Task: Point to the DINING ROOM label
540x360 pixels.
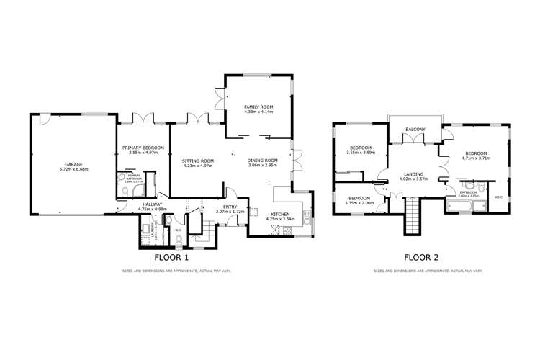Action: click(x=263, y=161)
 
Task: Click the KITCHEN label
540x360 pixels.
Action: click(x=281, y=215)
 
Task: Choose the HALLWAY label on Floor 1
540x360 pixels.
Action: click(x=152, y=204)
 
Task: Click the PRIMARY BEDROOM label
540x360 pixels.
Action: click(x=143, y=148)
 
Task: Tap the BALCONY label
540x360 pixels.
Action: click(x=415, y=130)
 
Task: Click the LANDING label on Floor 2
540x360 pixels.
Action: click(x=413, y=174)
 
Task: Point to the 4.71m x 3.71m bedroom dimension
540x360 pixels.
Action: click(x=476, y=158)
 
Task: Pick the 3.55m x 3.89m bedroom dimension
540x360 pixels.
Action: click(x=361, y=153)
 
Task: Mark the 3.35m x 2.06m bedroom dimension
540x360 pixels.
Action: click(x=361, y=203)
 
